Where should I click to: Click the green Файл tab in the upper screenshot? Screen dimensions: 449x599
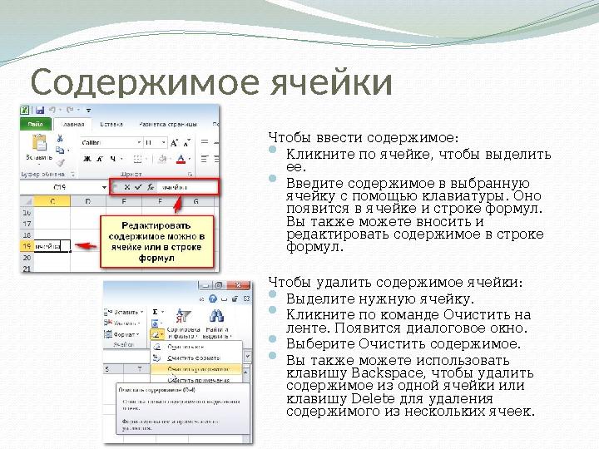36,124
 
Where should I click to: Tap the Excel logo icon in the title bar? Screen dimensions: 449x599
25,109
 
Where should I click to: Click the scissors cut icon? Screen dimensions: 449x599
60,138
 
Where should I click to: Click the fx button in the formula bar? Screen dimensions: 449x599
151,187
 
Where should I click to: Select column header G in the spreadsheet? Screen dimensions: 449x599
195,200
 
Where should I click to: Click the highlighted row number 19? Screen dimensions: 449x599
27,246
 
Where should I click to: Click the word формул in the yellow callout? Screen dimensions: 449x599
156,258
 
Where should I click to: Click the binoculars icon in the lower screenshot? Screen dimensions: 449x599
216,316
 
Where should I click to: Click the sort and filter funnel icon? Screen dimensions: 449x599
185,315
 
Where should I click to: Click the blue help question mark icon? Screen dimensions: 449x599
214,298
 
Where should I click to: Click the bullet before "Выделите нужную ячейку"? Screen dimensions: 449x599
275,298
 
